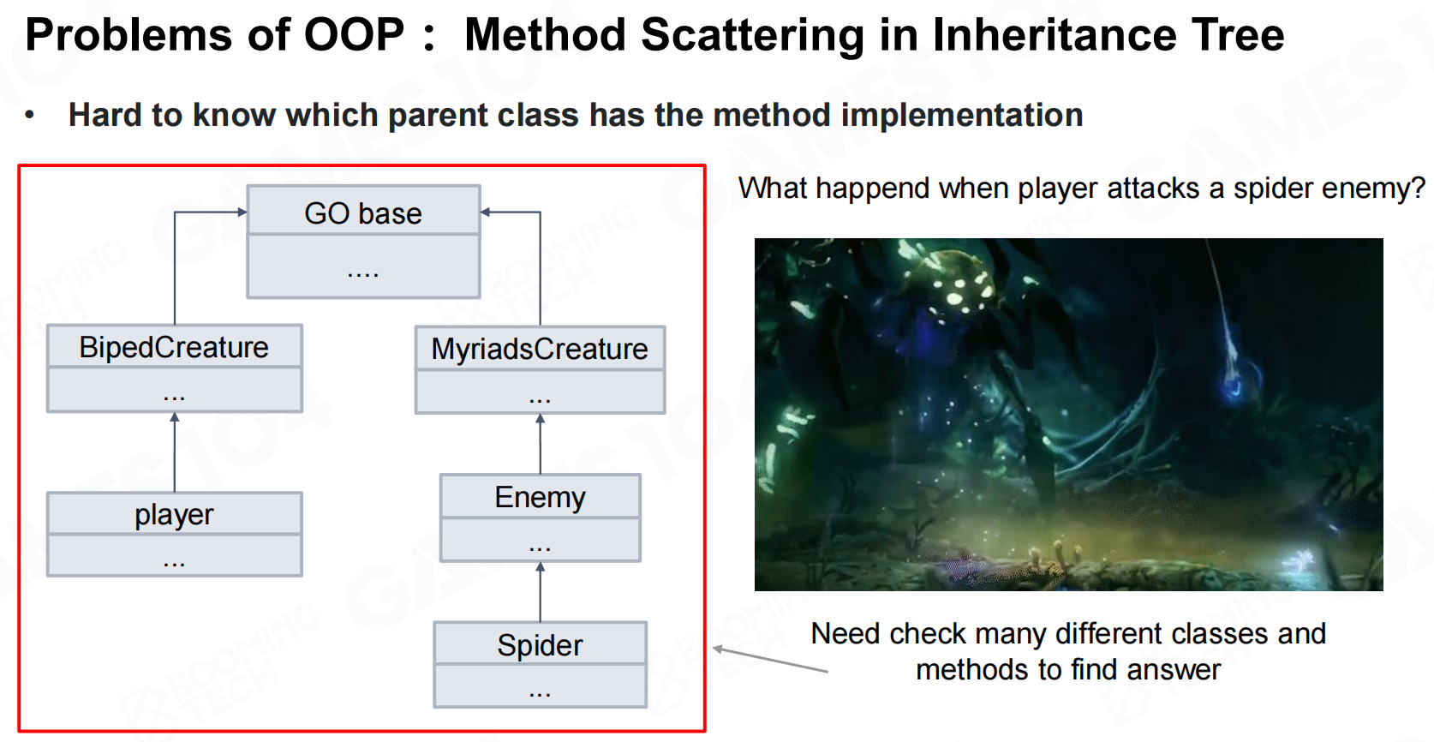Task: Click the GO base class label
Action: (363, 213)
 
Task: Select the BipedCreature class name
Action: (174, 348)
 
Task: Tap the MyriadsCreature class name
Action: (540, 350)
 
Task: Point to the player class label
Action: (174, 515)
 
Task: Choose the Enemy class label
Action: (540, 498)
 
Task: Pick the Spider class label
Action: (540, 645)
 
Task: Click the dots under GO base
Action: (363, 275)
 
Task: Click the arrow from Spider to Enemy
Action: (541, 592)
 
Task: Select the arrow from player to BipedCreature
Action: (175, 452)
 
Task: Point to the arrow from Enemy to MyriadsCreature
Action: (541, 445)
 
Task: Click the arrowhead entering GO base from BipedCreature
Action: (242, 212)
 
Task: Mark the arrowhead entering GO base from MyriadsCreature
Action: (485, 212)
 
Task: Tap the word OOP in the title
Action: (354, 34)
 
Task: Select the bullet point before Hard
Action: (29, 116)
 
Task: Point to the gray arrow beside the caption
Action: (770, 660)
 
